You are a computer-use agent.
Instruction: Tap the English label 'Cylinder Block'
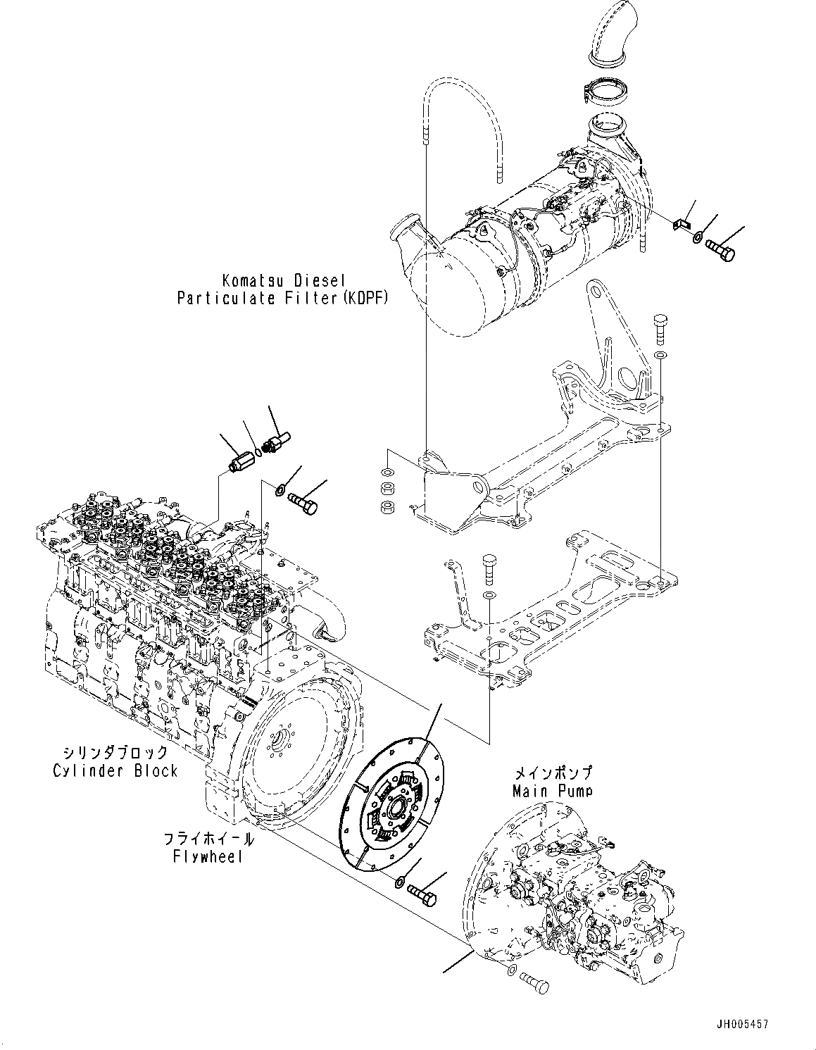pyautogui.click(x=115, y=770)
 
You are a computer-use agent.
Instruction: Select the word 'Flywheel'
pyautogui.click(x=208, y=856)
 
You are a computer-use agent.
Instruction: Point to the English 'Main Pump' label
pyautogui.click(x=552, y=790)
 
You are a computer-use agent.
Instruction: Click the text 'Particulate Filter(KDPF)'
pyautogui.click(x=282, y=298)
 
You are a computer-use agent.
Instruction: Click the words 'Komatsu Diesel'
pyautogui.click(x=282, y=280)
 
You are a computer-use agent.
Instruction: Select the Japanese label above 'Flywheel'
pyautogui.click(x=208, y=839)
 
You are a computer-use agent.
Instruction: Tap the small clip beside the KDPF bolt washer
pyautogui.click(x=679, y=224)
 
